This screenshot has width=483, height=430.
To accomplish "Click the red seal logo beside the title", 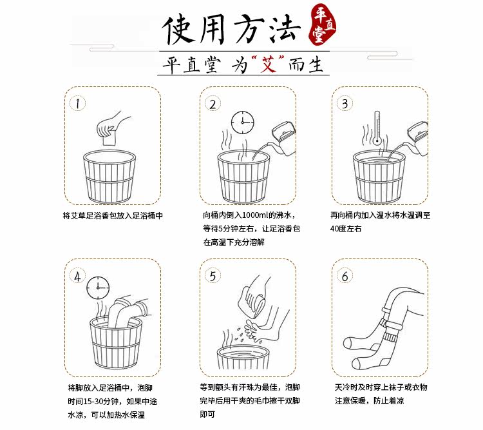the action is tap(323, 24).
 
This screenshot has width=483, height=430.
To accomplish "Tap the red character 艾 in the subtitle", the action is tap(268, 64).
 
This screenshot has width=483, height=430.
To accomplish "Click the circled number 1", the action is tap(77, 104).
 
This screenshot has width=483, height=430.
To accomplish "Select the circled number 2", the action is tap(213, 104).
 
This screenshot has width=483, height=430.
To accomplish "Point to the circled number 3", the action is tap(345, 104).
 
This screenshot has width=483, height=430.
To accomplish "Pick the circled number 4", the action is tap(77, 276).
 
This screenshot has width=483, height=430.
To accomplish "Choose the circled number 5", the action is tap(213, 276).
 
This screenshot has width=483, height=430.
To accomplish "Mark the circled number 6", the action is tap(345, 276).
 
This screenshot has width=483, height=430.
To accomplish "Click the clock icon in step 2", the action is tap(243, 122).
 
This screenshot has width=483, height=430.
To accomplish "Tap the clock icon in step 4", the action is tap(98, 288).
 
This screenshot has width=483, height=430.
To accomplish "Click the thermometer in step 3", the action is tap(377, 128).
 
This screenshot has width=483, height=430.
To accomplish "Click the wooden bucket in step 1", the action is tap(109, 177).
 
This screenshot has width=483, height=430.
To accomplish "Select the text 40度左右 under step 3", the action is tap(346, 229).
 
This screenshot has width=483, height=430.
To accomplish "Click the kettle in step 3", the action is tap(413, 139).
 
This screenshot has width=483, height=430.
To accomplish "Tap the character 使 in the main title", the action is tap(179, 30).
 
